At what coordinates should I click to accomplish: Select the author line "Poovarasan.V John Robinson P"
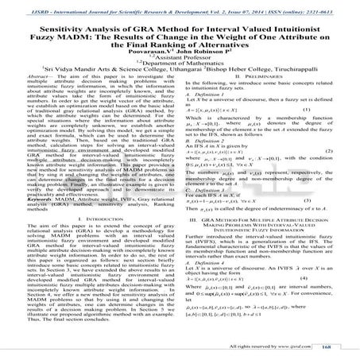click(x=180, y=58)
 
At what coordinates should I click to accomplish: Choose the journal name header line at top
click(x=180, y=6)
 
